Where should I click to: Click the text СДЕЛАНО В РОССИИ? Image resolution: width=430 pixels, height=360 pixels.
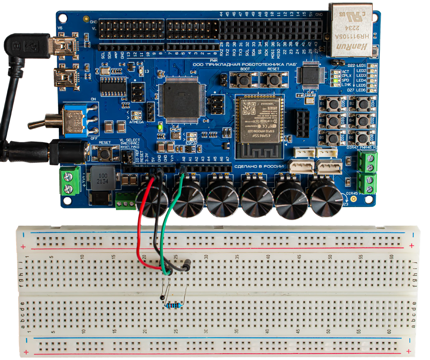pos(259,167)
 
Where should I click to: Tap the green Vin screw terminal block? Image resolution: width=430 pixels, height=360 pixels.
pos(70,181)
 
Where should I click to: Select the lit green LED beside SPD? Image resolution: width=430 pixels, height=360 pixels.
pos(334,80)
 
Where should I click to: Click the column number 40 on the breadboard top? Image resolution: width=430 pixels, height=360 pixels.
pos(268,258)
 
